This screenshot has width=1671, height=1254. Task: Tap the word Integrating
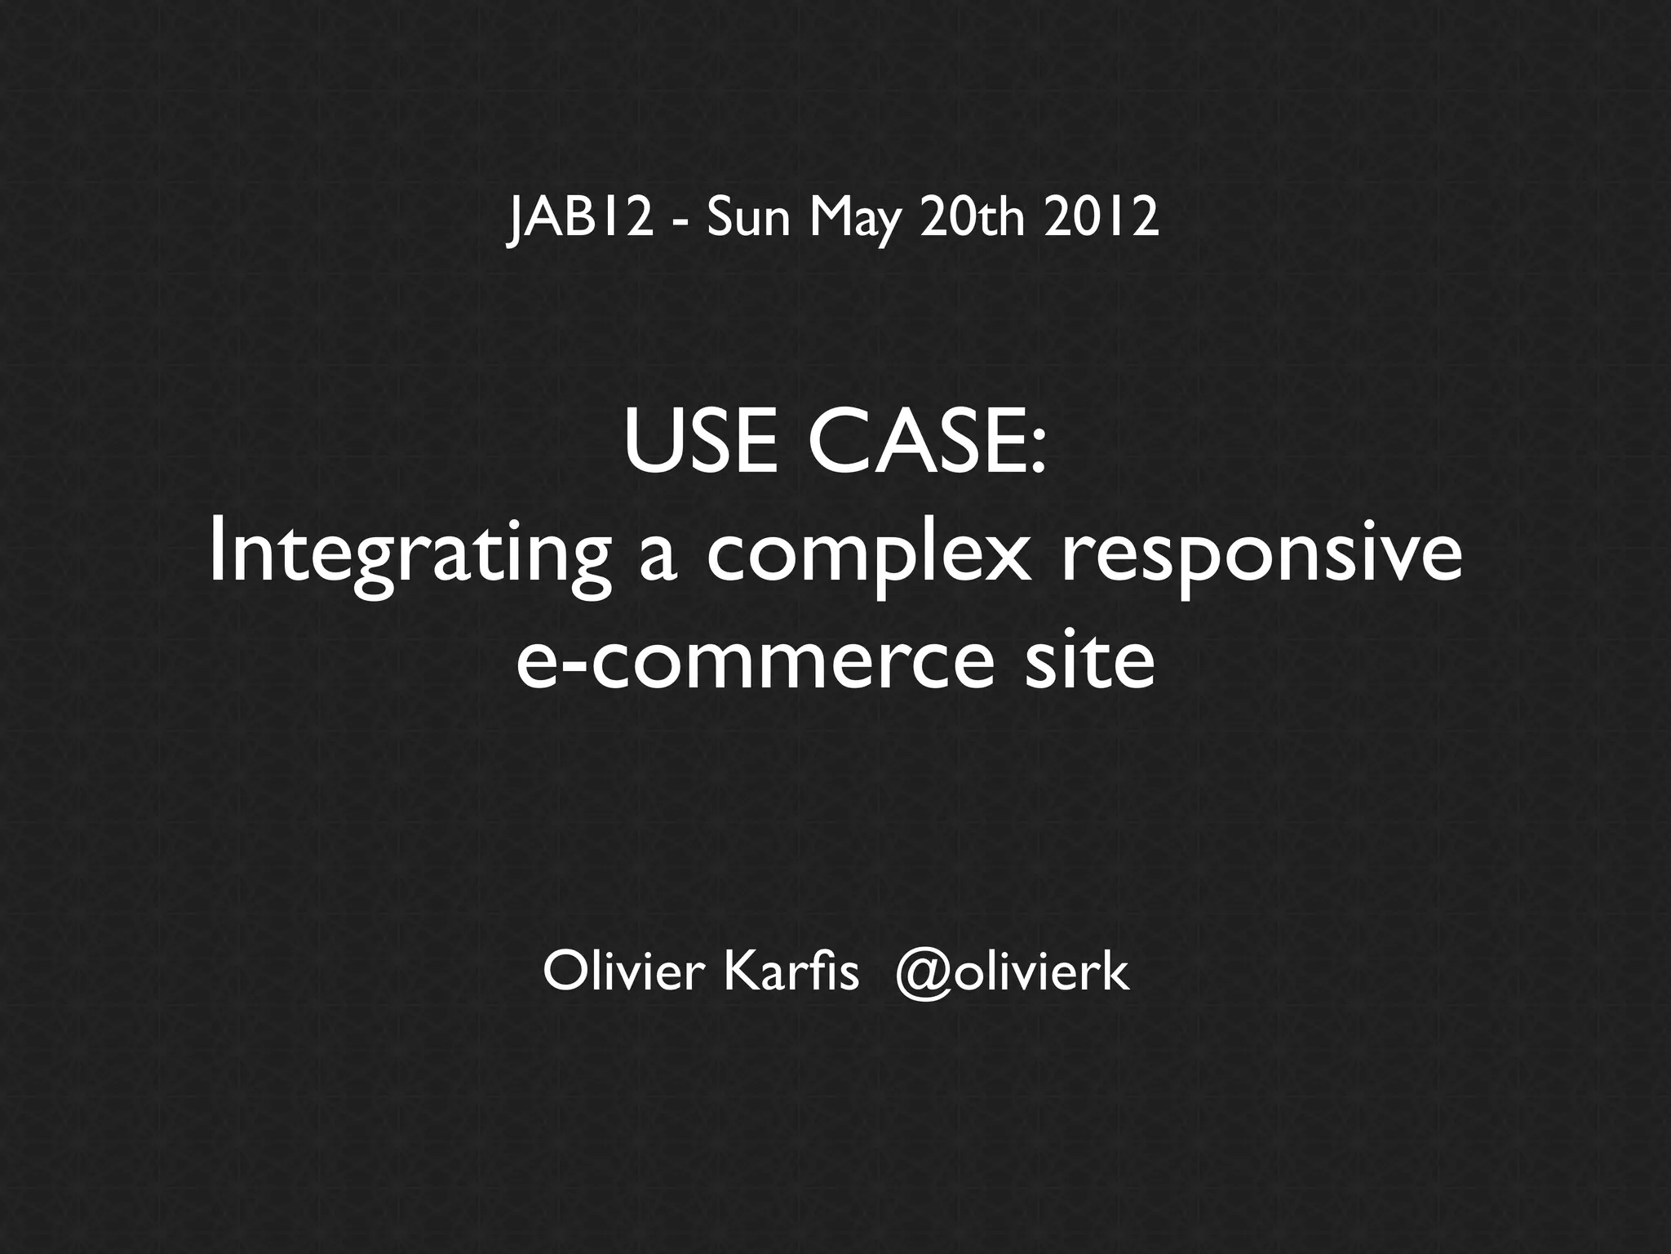[409, 556]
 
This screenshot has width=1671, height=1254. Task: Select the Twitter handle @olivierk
[1012, 972]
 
